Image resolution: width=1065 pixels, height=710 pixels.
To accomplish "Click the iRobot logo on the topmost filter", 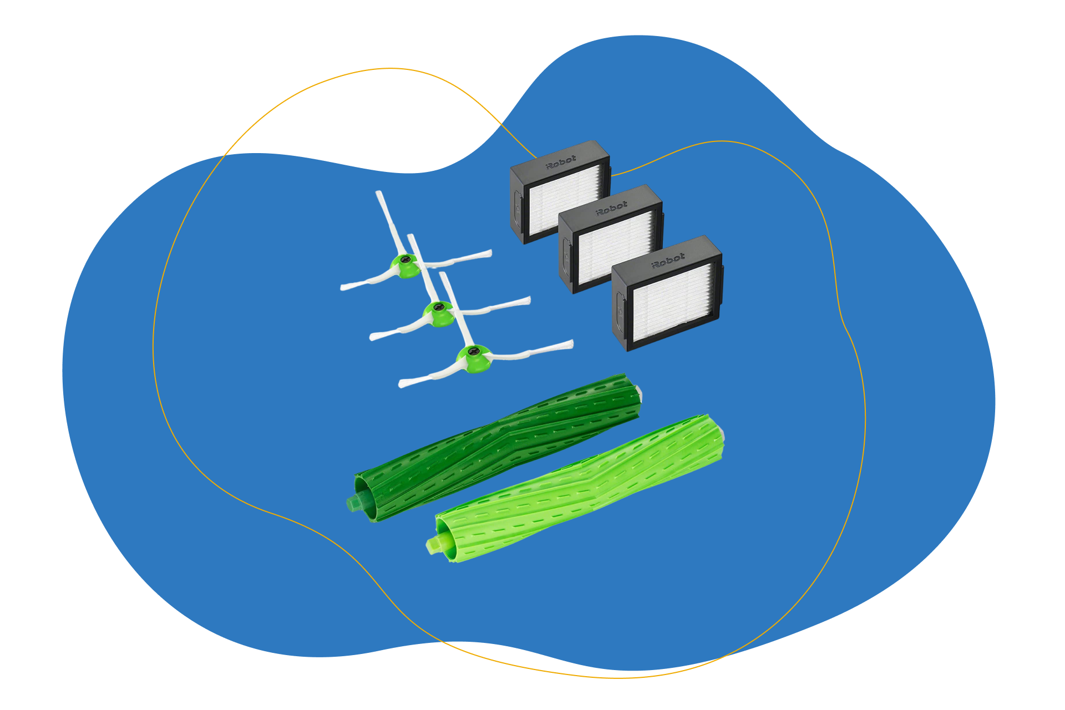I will pos(561,162).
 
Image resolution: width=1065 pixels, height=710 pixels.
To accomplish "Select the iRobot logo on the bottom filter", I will pos(668,260).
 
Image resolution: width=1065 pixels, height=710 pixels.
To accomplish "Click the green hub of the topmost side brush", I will pos(407,265).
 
